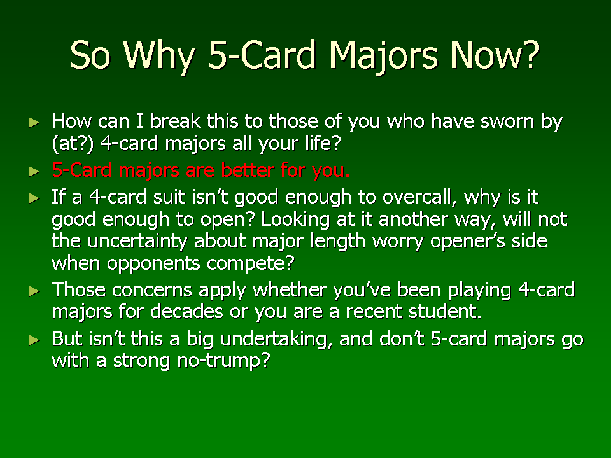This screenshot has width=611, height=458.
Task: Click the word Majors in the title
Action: (x=383, y=56)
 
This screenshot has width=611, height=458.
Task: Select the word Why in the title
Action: (x=158, y=56)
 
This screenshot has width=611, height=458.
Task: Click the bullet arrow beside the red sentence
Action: (x=34, y=171)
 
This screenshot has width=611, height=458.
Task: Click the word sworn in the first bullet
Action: (x=507, y=121)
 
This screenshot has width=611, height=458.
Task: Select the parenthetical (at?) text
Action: (x=73, y=143)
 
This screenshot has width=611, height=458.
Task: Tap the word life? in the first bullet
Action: (x=323, y=143)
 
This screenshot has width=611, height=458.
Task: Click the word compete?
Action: (x=251, y=263)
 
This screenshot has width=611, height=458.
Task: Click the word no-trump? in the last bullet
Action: (x=223, y=361)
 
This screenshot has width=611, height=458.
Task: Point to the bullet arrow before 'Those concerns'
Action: (x=34, y=291)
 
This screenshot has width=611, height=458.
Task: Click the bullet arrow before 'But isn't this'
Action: (x=34, y=340)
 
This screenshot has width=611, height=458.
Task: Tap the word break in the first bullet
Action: (x=176, y=121)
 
